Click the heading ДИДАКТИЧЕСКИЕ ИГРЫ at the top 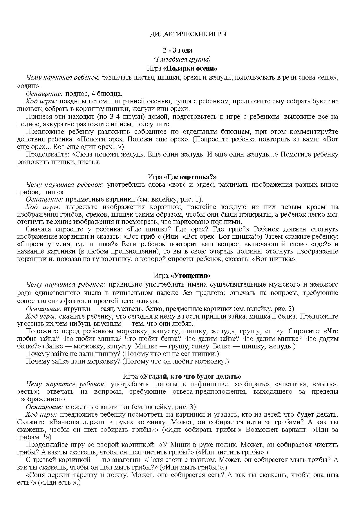(x=188, y=34)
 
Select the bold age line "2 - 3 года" (x=178, y=50)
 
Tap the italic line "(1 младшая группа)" (x=182, y=59)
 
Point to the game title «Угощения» (x=190, y=275)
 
